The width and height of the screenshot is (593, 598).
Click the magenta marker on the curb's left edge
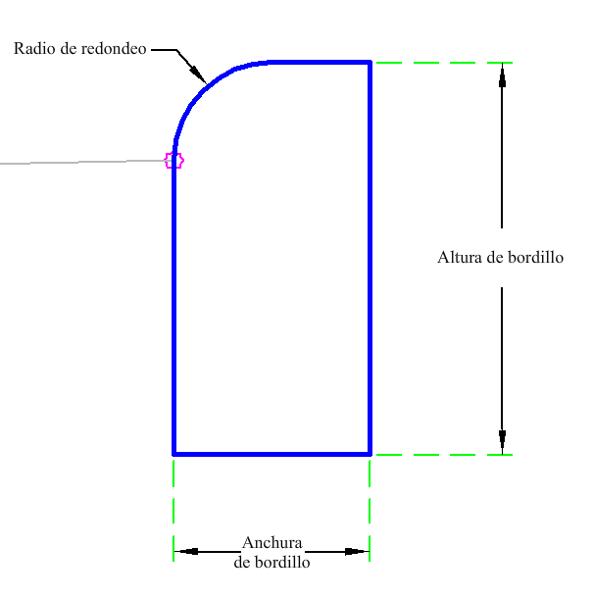pos(174,160)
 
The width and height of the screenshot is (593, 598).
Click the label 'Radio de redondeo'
pos(80,48)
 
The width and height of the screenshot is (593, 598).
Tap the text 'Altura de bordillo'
pos(500,258)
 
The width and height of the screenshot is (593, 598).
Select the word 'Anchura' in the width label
pos(272,544)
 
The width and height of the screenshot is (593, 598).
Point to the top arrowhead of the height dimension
pos(502,73)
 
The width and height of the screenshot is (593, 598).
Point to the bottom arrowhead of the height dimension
pos(502,444)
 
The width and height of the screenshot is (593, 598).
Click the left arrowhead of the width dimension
pos(186,552)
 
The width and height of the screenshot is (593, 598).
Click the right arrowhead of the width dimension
pos(358,552)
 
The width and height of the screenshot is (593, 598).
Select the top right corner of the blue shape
pos(370,63)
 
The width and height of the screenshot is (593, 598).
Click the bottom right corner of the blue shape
pos(370,454)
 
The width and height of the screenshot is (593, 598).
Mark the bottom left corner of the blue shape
pos(174,454)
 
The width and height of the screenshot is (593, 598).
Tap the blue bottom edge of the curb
pos(272,454)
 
